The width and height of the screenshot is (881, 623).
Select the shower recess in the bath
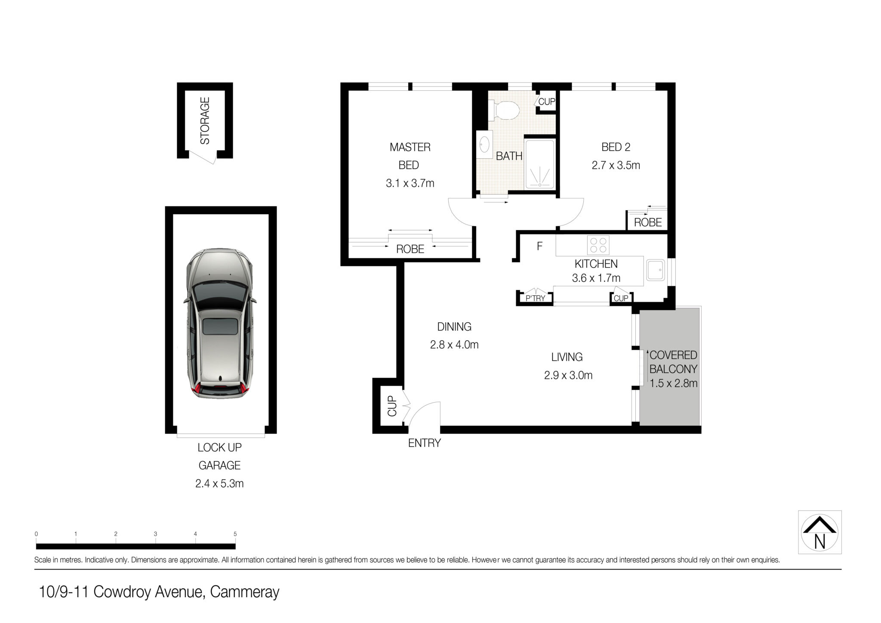click(x=539, y=163)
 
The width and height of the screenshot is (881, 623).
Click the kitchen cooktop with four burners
click(x=598, y=245)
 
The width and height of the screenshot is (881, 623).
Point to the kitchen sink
click(x=655, y=270)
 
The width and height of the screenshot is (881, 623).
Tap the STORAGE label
click(x=205, y=120)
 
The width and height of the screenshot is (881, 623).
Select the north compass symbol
click(x=820, y=532)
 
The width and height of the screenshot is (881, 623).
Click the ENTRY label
click(x=424, y=443)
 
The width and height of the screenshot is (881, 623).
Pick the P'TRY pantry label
click(x=535, y=298)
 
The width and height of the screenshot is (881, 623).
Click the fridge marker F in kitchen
click(x=539, y=246)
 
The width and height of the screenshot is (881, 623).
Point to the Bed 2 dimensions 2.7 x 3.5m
click(x=616, y=165)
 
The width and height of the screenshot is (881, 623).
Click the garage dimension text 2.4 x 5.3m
click(x=219, y=484)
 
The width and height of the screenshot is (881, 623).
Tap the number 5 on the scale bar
click(x=235, y=534)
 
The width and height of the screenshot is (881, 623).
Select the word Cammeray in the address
click(x=245, y=592)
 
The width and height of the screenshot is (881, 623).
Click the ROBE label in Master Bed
click(x=410, y=249)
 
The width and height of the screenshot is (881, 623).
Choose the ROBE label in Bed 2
click(x=648, y=222)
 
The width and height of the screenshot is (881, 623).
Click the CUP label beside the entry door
click(x=392, y=406)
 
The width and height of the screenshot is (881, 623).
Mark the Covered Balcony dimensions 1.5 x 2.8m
click(x=673, y=383)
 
